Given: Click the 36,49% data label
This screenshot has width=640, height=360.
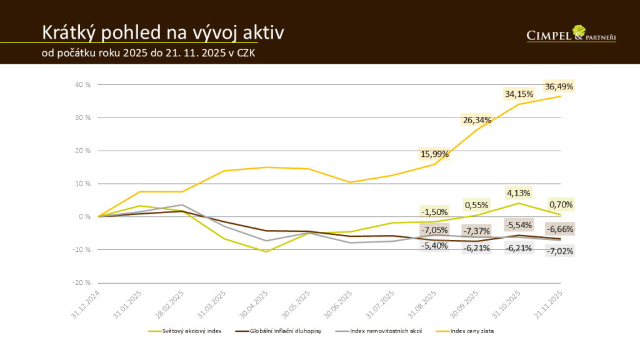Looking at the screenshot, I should tap(559, 86).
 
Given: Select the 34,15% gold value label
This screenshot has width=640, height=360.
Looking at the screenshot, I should tap(519, 94).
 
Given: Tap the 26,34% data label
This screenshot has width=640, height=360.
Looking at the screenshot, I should tap(477, 120).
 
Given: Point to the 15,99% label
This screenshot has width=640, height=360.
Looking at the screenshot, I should tap(434, 154).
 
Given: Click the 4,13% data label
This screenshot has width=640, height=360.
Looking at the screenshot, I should tap(519, 193).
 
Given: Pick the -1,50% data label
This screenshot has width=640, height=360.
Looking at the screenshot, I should tap(434, 212).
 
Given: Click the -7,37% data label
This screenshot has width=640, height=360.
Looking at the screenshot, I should tap(477, 232).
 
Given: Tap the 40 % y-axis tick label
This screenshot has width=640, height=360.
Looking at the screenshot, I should tap(82, 84).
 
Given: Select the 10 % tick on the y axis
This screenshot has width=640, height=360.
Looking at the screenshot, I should tap(82, 184).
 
